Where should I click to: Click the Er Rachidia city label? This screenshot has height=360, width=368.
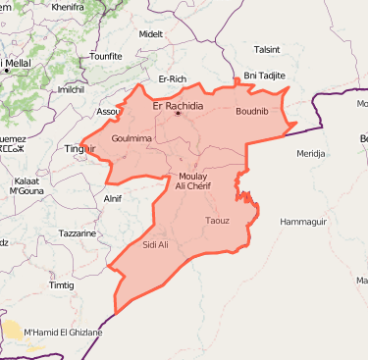[178, 105]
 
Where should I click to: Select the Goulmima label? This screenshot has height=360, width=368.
[131, 138]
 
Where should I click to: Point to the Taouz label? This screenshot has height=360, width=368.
[217, 221]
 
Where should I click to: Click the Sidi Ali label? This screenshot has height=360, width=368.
[156, 244]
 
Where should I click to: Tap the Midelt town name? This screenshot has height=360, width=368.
[150, 33]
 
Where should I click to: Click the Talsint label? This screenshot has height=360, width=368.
[267, 48]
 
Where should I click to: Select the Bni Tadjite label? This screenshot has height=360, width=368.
[263, 76]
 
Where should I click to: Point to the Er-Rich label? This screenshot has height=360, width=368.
[172, 78]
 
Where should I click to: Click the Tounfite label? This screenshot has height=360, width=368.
[105, 57]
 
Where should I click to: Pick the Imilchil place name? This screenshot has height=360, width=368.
[71, 89]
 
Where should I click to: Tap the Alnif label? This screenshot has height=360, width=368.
[113, 199]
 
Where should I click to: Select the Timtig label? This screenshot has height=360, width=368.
[62, 284]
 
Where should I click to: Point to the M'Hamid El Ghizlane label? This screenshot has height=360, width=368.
[62, 332]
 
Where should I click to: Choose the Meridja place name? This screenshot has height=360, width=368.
[311, 154]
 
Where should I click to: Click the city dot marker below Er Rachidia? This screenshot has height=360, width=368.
[178, 115]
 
